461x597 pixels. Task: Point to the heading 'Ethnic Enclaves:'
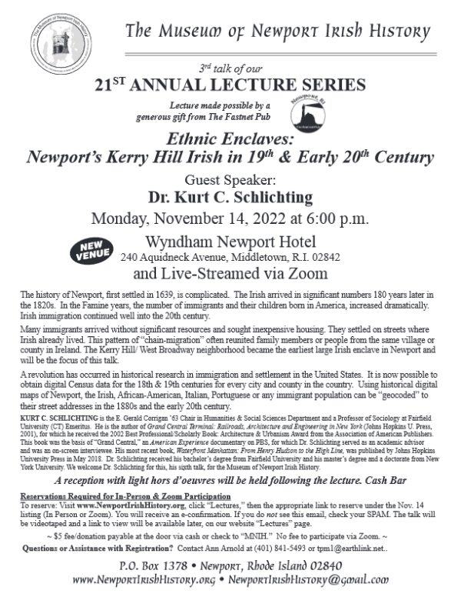point(230,140)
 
